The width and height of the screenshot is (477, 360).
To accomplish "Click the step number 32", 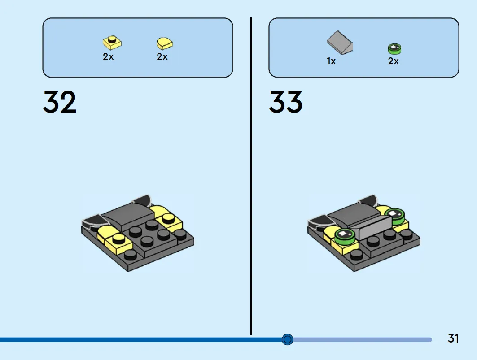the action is click(60, 102).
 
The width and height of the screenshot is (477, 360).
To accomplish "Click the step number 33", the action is click(286, 102).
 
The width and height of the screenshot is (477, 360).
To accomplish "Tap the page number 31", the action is click(453, 338).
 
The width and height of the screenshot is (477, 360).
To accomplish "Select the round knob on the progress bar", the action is click(288, 339).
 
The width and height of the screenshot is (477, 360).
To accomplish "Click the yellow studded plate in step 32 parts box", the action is click(112, 42).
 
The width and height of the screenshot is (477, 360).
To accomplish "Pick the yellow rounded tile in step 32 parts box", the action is click(165, 43).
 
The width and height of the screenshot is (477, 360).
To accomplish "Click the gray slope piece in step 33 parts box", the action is click(340, 43).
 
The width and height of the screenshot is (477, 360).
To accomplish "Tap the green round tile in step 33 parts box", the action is click(394, 49).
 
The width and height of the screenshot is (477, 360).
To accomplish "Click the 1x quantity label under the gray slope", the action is click(331, 61).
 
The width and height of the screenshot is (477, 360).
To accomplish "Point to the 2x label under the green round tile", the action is click(394, 61).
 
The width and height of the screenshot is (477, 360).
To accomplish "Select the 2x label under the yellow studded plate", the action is click(108, 56).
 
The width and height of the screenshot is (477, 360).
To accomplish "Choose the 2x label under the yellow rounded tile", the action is click(162, 56).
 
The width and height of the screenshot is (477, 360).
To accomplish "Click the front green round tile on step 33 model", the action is click(345, 236).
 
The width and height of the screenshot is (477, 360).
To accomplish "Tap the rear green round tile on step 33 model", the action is click(394, 216).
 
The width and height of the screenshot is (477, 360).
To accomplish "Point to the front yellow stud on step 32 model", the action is click(118, 239).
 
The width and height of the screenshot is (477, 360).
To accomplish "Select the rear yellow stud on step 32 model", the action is click(168, 218).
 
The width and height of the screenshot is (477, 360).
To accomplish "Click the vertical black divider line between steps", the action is click(251, 176).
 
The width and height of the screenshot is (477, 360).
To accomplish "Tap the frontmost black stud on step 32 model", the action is click(130, 255).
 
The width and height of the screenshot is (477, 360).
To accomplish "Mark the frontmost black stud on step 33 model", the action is click(357, 255).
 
